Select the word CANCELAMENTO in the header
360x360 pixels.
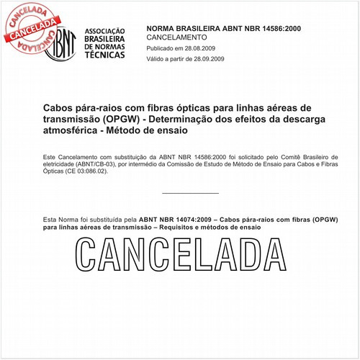[176, 36]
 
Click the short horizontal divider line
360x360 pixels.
[190, 193]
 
